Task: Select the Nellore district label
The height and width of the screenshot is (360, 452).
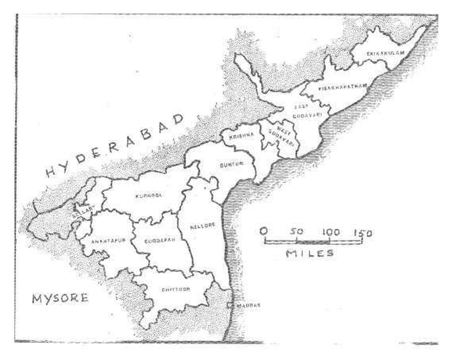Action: click(202, 225)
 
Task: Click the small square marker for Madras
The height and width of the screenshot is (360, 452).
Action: click(233, 304)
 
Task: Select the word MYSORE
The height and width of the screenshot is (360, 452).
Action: click(60, 298)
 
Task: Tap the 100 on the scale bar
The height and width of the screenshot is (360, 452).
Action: click(330, 232)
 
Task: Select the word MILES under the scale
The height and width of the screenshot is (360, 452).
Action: click(310, 253)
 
